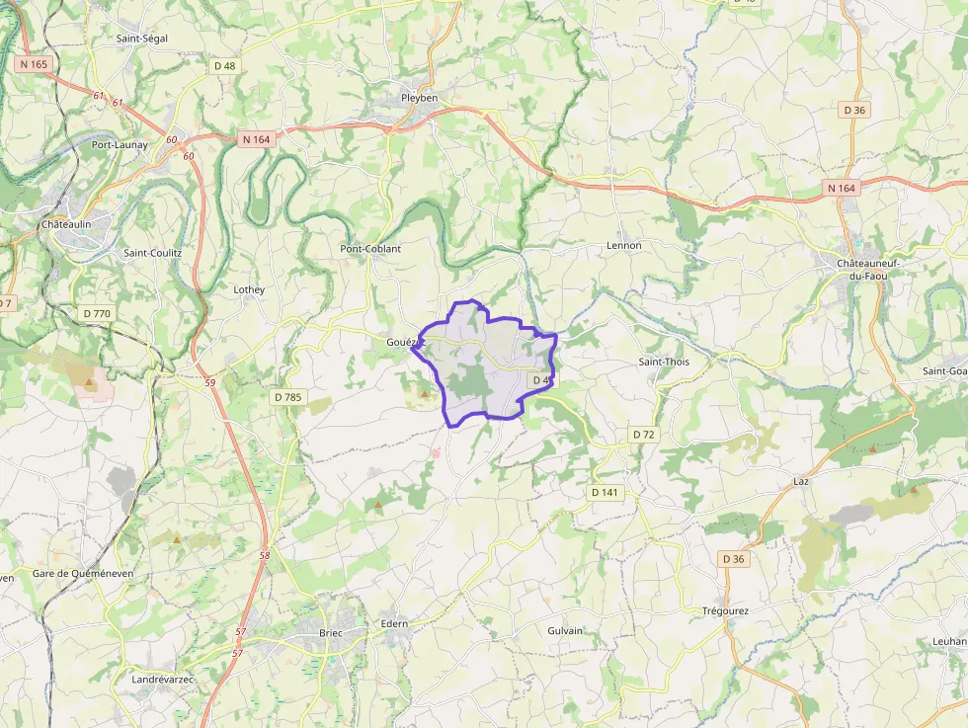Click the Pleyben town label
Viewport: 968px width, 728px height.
coord(419,98)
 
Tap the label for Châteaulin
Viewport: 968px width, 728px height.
coord(66,224)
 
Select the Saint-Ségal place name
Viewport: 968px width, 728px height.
coord(142,39)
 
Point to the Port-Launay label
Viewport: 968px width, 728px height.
coord(120,144)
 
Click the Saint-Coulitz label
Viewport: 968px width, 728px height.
coord(152,252)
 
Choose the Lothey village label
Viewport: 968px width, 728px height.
coord(249,289)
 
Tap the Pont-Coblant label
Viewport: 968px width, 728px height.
coord(370,249)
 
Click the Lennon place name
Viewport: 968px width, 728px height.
coord(623,245)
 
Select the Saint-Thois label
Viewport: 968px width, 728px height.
coord(664,362)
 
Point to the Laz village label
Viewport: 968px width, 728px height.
coord(801,481)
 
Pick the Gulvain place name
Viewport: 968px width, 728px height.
coord(565,630)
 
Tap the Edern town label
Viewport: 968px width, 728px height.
coord(394,623)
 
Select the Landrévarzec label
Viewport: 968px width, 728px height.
coord(163,679)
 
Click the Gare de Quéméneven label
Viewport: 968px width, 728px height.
coord(83,573)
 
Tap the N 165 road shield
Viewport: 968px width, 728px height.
coord(33,64)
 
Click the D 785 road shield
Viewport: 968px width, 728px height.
coord(286,397)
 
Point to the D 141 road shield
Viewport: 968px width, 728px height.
coord(605,492)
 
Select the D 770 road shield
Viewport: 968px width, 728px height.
coord(98,313)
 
